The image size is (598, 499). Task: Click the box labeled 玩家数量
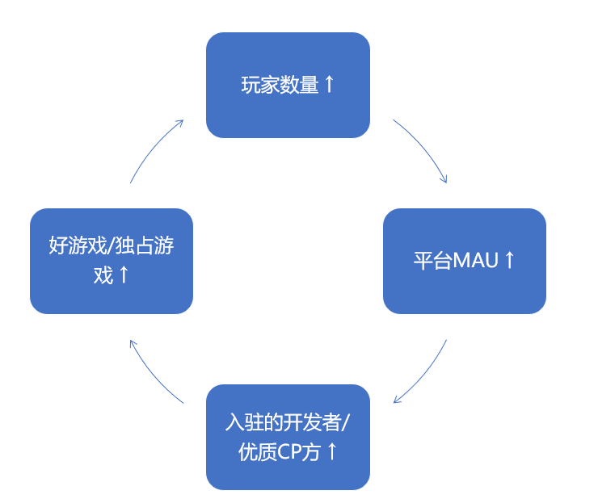tap(288, 85)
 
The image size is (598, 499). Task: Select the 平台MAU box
tap(464, 261)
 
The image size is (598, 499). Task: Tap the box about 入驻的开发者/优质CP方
tap(288, 437)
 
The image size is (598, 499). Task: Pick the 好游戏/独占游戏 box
tap(112, 261)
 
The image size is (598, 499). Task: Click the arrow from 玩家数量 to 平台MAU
tap(423, 149)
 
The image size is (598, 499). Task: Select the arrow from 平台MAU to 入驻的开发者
tap(423, 373)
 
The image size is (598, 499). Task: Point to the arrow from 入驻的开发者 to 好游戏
tap(154, 373)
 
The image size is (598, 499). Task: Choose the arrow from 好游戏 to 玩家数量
tap(154, 149)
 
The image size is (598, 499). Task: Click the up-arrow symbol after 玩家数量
tap(329, 84)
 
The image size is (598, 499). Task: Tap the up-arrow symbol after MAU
tap(509, 260)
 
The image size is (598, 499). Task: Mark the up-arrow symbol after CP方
tap(331, 451)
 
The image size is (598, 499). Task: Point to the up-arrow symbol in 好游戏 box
tap(124, 275)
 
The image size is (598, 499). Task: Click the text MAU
tap(476, 261)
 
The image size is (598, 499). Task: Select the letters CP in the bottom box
tap(289, 452)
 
